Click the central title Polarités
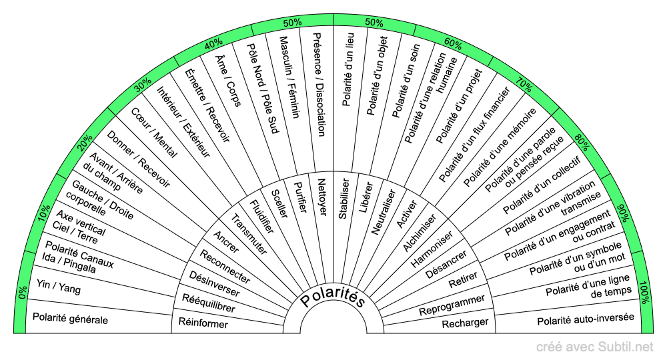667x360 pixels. tap(333, 297)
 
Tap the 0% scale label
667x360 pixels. tap(23, 293)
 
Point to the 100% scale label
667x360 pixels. tap(644, 293)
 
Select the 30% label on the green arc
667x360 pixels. tap(143, 85)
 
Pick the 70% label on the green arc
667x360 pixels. tap(524, 85)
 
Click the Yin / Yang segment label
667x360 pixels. tap(58, 287)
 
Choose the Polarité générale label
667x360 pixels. tap(70, 319)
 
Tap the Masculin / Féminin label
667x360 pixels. tap(289, 77)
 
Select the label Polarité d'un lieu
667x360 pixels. tap(348, 69)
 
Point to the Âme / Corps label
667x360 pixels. tap(228, 81)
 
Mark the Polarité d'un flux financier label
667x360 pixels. tap(474, 134)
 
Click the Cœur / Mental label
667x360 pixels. tap(154, 133)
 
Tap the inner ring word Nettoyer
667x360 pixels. tap(322, 197)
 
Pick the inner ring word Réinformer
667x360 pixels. tap(203, 323)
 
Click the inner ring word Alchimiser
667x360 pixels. tap(420, 233)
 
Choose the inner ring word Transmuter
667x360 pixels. tap(249, 234)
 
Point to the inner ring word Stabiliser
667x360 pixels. tap(344, 199)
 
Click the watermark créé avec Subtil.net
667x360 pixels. tap(595, 347)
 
